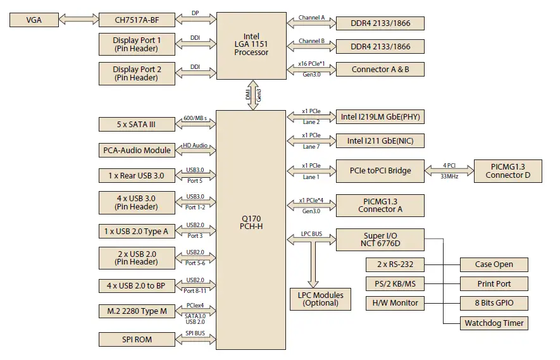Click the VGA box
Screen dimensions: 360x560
click(34, 20)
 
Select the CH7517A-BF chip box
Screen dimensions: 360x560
click(136, 20)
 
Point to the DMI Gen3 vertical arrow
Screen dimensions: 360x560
click(252, 94)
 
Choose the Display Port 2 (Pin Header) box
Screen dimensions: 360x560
click(136, 73)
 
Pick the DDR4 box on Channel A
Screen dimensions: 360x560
click(380, 23)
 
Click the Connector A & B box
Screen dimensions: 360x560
click(380, 69)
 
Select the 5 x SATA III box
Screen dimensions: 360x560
click(136, 124)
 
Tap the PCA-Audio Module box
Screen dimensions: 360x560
click(136, 150)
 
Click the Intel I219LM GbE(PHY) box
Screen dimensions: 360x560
click(380, 116)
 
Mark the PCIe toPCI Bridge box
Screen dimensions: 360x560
click(380, 170)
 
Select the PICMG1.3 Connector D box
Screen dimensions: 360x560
click(508, 171)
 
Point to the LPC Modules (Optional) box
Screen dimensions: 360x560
click(320, 299)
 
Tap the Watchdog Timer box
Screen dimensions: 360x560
click(494, 323)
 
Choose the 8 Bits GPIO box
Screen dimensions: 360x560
click(494, 303)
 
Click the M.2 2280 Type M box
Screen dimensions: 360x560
click(136, 311)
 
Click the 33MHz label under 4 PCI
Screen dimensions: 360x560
click(449, 177)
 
